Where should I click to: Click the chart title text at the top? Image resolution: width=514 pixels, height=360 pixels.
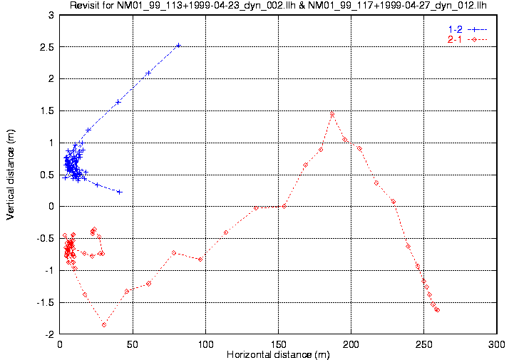(278, 6)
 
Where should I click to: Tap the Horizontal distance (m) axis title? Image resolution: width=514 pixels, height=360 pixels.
(278, 354)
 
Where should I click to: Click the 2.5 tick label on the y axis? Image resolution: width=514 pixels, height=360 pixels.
(46, 47)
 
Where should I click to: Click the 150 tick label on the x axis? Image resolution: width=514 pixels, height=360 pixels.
(278, 344)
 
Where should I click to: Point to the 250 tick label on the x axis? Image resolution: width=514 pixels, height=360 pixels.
(423, 344)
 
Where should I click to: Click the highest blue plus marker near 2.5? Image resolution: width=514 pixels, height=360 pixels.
(178, 45)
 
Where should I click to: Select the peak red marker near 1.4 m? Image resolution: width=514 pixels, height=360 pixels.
(332, 115)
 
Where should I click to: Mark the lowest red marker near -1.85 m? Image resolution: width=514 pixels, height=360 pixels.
(104, 324)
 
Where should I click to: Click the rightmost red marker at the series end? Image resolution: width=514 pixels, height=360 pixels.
(437, 310)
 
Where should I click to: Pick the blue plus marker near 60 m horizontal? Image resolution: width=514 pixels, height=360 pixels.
(148, 73)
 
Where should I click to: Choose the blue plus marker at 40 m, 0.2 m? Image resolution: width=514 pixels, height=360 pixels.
(119, 192)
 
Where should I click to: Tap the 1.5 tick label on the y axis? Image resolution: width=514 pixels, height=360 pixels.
(46, 111)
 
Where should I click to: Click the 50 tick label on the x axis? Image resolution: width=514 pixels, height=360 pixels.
(133, 344)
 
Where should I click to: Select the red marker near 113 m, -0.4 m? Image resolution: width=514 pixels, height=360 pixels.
(226, 232)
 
